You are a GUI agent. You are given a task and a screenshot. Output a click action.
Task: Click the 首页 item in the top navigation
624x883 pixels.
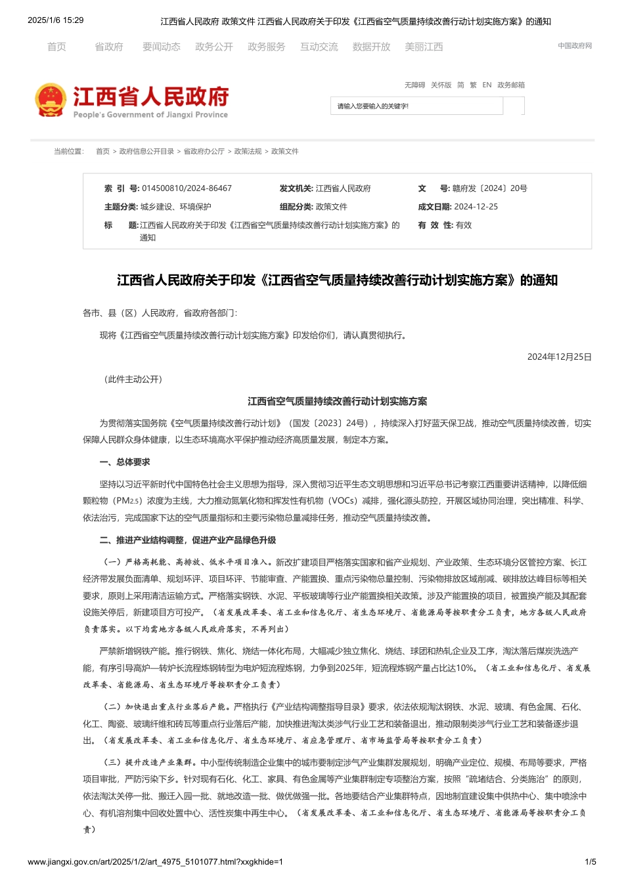(56, 47)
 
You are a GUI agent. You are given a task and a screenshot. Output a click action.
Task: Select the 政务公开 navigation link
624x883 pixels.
(213, 47)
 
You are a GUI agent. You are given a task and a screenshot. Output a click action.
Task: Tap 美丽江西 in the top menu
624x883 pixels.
(424, 47)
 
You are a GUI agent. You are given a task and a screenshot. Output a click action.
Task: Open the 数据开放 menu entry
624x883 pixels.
(371, 47)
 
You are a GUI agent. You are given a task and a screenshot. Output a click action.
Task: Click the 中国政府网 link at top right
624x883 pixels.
(575, 46)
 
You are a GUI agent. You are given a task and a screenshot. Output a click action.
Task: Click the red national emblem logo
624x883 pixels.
(51, 100)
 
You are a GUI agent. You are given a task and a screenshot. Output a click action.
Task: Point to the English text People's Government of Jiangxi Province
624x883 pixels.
(150, 115)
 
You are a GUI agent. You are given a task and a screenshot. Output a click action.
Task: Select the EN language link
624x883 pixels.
(487, 85)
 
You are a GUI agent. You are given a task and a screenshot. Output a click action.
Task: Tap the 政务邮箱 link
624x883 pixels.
(511, 85)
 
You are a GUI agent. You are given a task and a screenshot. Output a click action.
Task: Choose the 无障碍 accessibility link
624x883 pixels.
(414, 85)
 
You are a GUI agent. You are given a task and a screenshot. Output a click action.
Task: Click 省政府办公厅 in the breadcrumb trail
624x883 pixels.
(204, 152)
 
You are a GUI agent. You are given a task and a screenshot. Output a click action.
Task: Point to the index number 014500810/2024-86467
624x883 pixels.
(187, 188)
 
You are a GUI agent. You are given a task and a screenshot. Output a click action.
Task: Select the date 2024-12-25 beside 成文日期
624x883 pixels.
(476, 207)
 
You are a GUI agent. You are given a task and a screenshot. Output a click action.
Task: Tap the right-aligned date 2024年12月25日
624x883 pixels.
(559, 357)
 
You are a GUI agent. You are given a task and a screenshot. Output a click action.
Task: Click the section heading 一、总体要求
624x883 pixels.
(125, 462)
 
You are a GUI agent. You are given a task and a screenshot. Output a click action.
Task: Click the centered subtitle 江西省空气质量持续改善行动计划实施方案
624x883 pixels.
(337, 401)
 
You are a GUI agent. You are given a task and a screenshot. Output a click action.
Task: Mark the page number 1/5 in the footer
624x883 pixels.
(591, 862)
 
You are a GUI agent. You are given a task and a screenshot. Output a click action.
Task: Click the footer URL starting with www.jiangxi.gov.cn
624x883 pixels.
(155, 862)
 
